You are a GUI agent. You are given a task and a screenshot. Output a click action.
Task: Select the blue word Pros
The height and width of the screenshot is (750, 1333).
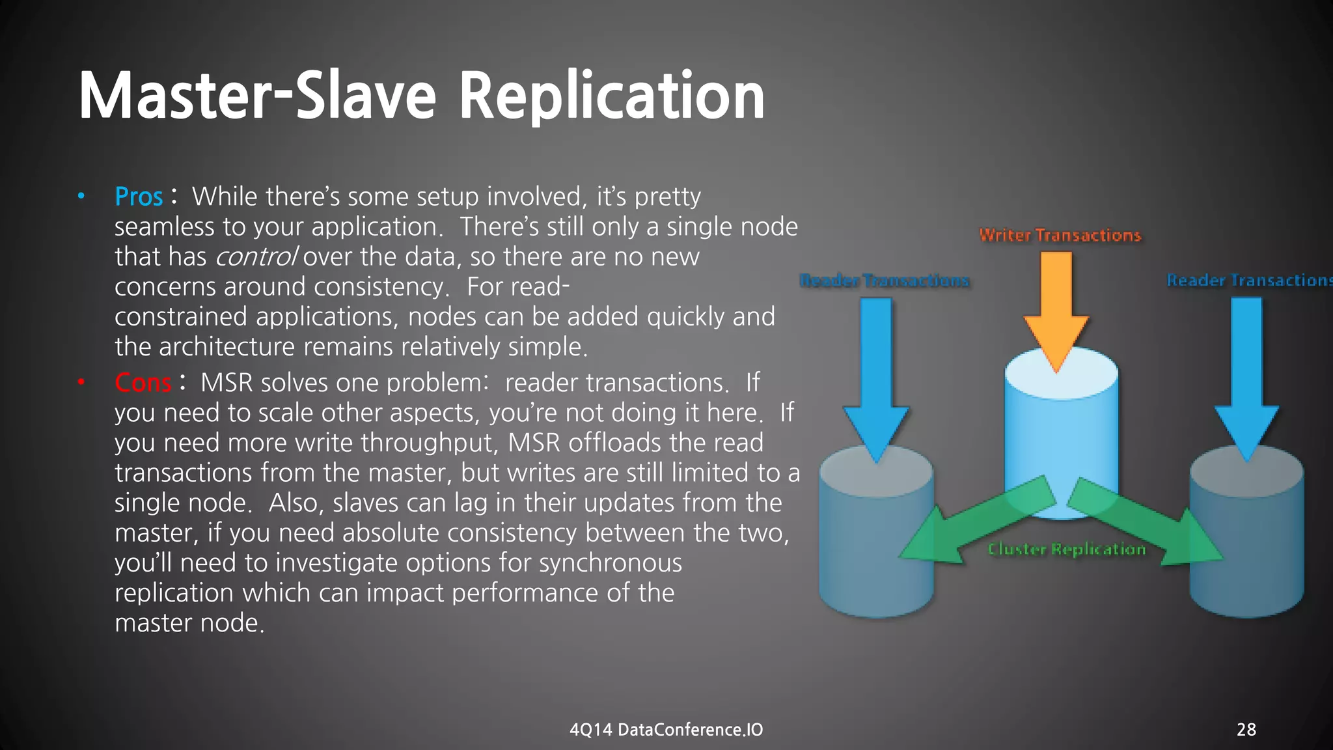tap(139, 197)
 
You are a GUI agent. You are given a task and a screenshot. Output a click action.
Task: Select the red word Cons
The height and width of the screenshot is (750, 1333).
tap(143, 383)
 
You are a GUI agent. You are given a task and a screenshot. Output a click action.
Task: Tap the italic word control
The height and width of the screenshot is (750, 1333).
tap(256, 257)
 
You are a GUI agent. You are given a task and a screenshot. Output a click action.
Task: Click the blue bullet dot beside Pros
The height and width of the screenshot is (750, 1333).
tap(81, 196)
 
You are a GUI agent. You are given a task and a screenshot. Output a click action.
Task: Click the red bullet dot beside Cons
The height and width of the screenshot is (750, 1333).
tap(81, 382)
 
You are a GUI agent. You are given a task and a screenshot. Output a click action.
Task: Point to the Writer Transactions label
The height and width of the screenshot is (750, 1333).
tap(1060, 235)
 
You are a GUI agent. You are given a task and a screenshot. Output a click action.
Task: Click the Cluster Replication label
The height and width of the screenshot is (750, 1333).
tap(1066, 549)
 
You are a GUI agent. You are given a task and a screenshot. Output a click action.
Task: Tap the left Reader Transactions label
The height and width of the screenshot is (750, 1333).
tap(884, 281)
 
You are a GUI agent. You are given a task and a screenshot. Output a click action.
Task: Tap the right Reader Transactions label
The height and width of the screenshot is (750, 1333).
tap(1248, 281)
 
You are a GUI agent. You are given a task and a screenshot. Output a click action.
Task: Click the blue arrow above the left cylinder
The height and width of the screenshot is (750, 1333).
tap(876, 378)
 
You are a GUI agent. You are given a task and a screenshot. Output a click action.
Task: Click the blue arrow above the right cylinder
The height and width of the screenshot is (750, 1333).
tap(1246, 378)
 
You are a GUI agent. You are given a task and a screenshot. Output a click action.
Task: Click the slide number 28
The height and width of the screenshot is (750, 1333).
tap(1246, 730)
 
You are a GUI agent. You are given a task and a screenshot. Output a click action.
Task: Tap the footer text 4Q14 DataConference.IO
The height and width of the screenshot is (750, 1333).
tap(666, 730)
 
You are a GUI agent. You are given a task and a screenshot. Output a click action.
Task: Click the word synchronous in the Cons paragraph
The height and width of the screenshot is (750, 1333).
tap(610, 563)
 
